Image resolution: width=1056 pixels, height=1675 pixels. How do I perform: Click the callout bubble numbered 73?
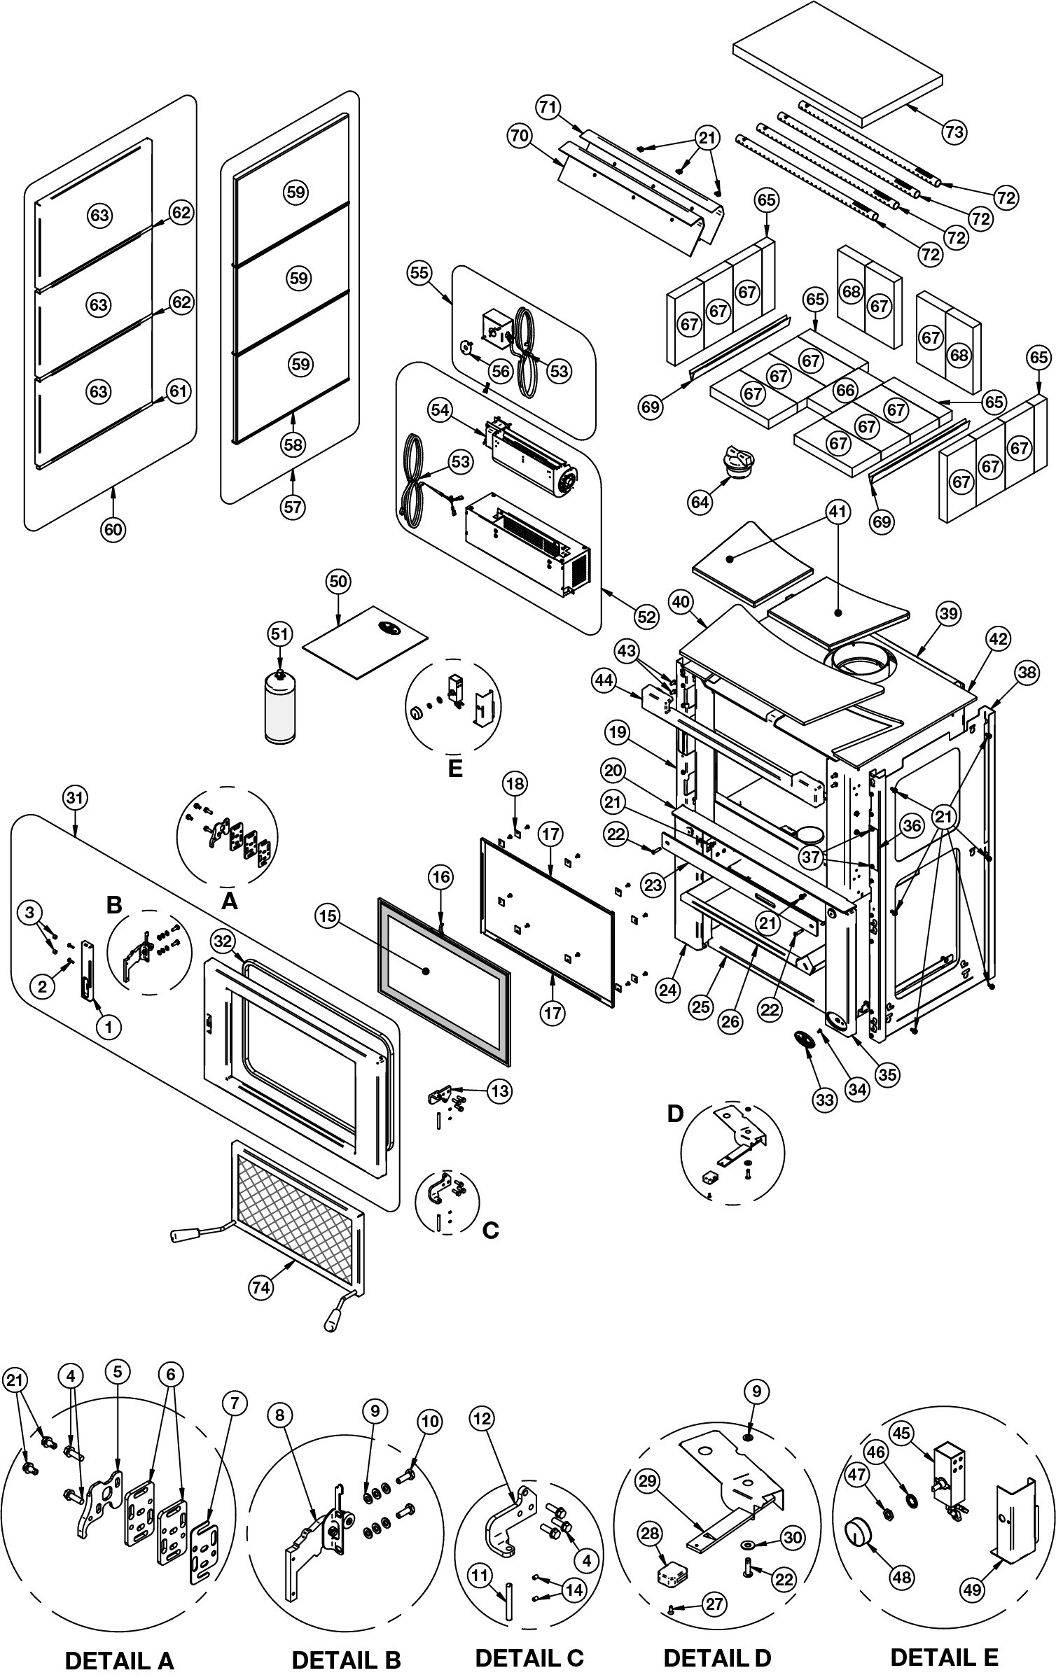(954, 132)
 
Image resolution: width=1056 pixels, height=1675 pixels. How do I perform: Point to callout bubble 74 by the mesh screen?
(260, 1287)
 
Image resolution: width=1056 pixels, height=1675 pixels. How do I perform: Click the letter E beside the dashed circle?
(455, 769)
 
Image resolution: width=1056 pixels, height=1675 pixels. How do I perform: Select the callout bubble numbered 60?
(113, 530)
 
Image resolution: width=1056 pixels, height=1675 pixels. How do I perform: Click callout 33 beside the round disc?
(825, 1100)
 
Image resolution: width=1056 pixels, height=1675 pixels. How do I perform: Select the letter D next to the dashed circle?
(674, 1114)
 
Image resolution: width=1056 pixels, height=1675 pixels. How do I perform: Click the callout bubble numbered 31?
(75, 797)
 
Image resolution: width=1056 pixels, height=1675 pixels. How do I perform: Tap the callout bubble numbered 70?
(519, 136)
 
